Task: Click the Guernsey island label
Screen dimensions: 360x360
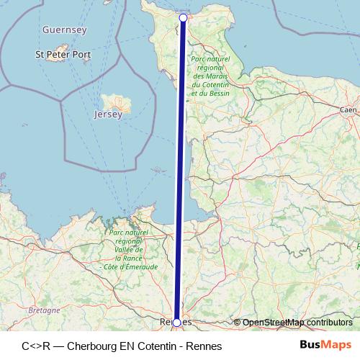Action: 65,30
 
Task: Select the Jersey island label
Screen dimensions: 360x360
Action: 108,114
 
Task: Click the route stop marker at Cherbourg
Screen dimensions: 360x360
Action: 183,18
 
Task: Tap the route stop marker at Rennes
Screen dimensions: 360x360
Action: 177,323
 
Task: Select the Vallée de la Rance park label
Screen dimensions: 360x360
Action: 130,251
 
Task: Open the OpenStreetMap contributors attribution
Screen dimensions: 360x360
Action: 297,323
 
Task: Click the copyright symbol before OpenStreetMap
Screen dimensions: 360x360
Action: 237,323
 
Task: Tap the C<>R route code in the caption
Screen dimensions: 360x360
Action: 36,346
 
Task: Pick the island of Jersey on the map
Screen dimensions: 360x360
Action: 112,102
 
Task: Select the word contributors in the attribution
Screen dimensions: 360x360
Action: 329,323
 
